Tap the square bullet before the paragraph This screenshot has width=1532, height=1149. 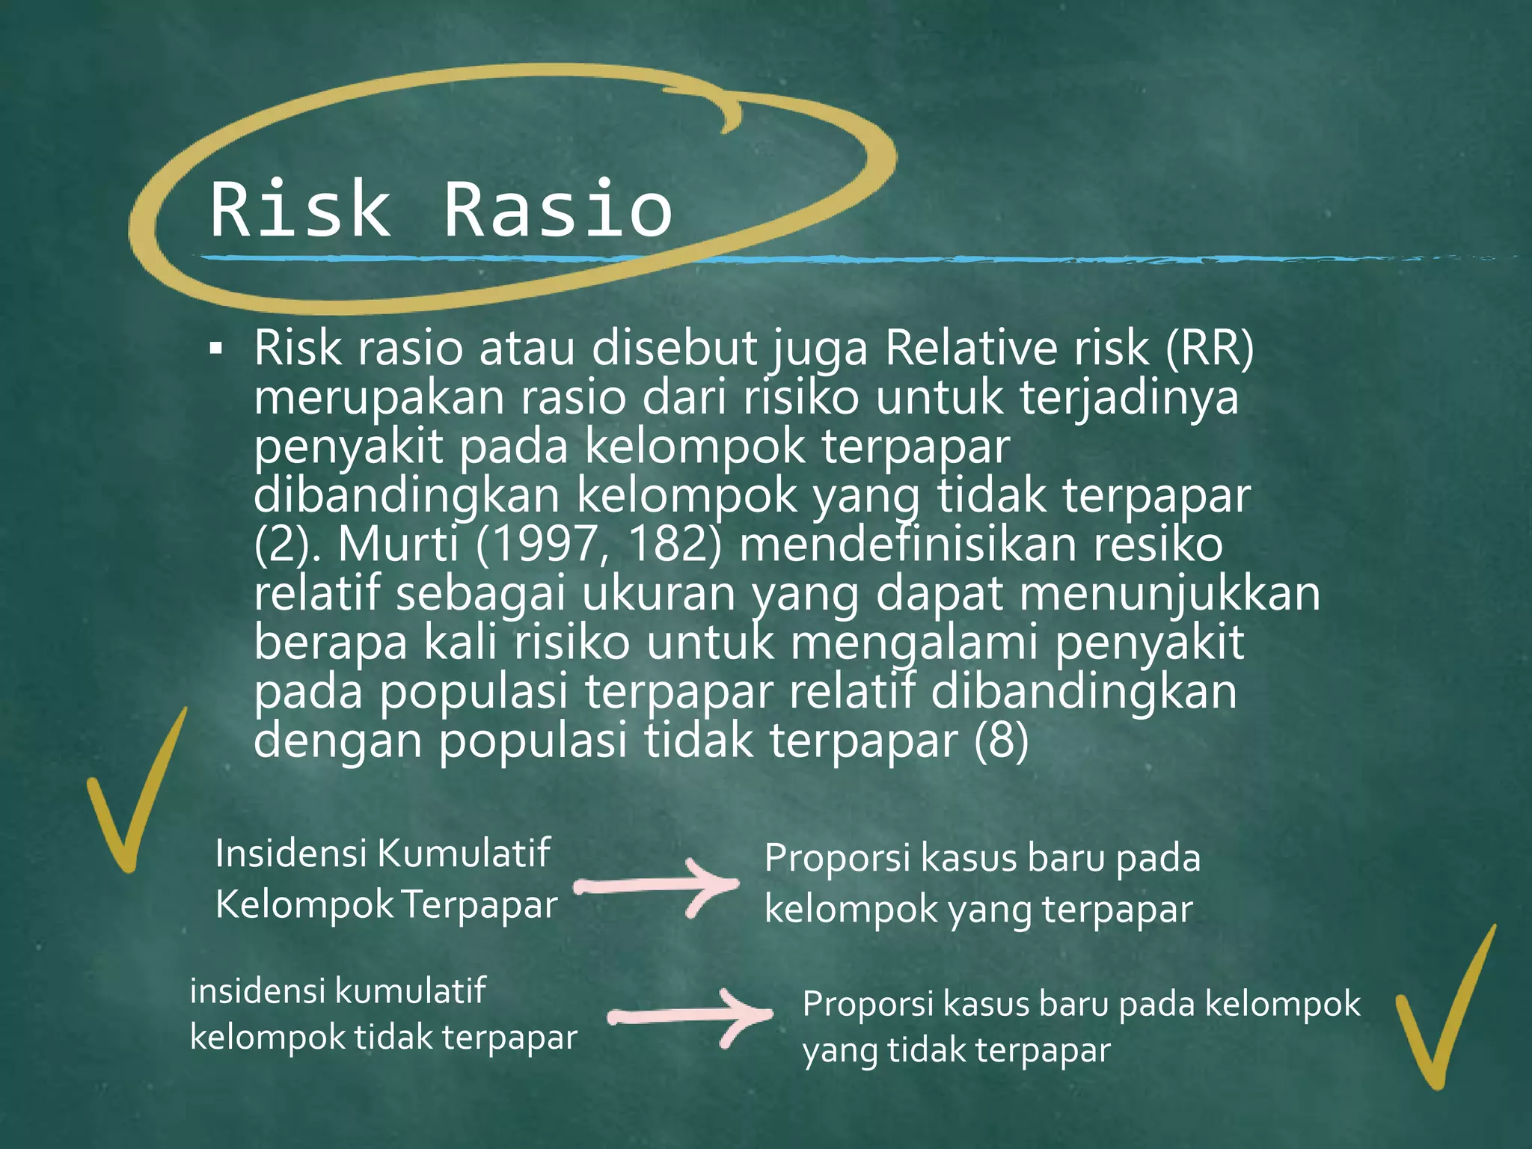[216, 349]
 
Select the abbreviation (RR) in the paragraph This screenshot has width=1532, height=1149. [1210, 348]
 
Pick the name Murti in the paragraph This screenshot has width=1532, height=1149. [398, 544]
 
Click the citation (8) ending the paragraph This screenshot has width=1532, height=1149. [1002, 740]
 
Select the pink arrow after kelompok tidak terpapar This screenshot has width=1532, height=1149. [690, 1016]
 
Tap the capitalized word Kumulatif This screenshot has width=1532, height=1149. [464, 854]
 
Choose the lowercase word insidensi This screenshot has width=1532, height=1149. [257, 991]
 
